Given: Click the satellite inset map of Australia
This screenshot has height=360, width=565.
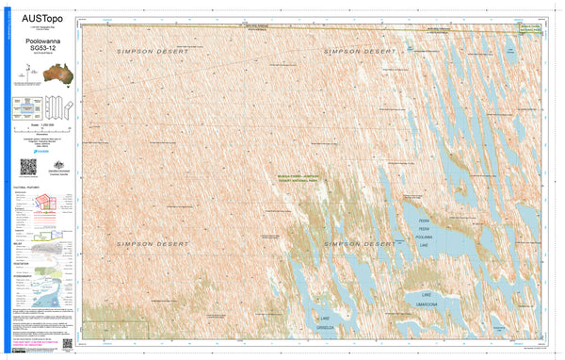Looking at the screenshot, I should pyautogui.click(x=42, y=74).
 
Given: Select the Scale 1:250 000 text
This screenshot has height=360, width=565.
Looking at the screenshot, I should pyautogui.click(x=42, y=124).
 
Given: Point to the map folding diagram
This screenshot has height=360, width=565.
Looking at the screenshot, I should pyautogui.click(x=60, y=105).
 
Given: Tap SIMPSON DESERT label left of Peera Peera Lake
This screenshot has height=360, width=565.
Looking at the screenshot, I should pyautogui.click(x=358, y=244).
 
